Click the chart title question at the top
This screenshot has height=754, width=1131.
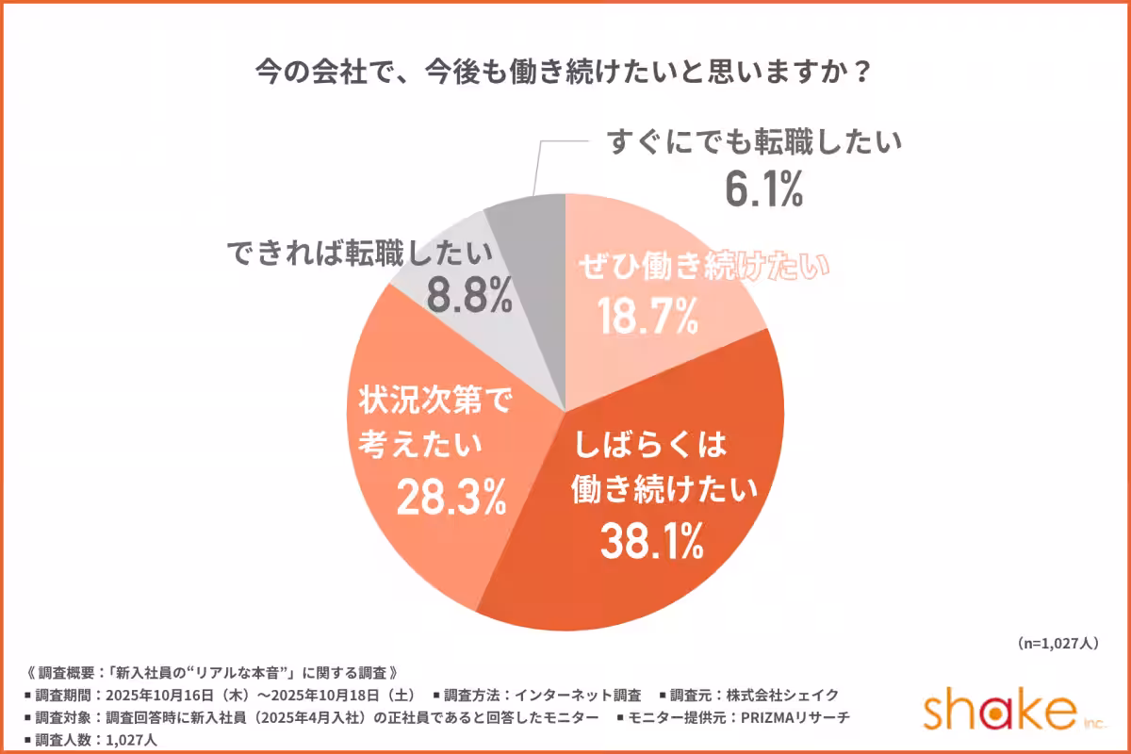point(565,73)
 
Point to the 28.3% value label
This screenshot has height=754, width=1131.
point(451,497)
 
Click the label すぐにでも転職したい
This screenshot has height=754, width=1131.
point(755,143)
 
